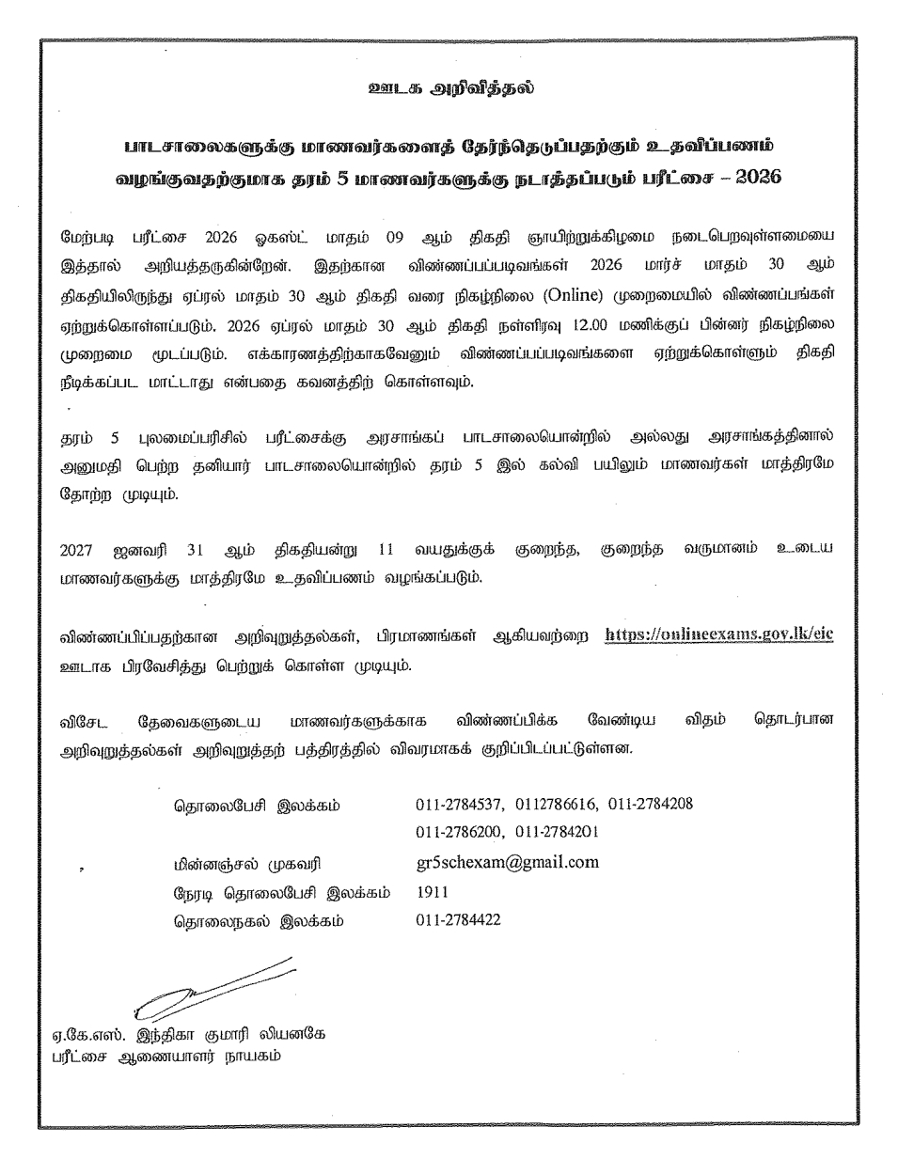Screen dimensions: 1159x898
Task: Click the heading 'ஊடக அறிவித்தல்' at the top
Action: [x=449, y=90]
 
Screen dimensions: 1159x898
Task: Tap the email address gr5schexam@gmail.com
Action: [x=507, y=862]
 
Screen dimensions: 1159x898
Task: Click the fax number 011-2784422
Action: [x=458, y=919]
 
